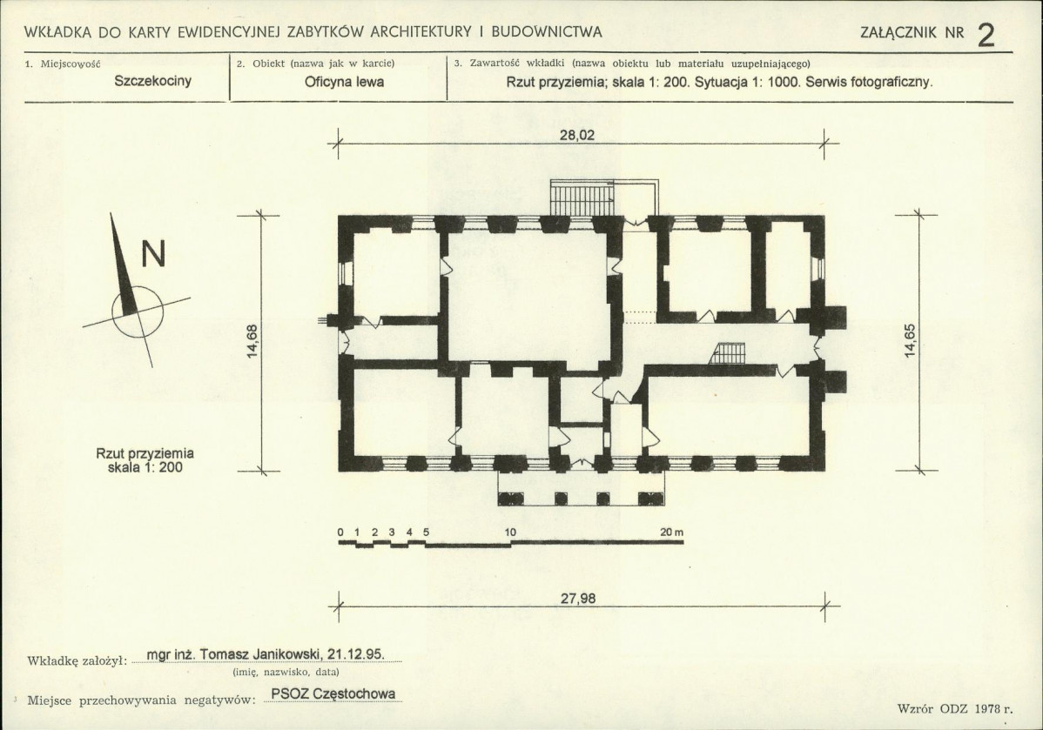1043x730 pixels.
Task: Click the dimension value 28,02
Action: [x=576, y=135]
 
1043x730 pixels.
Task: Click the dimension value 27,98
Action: [x=578, y=599]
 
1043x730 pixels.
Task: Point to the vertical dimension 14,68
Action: [x=252, y=341]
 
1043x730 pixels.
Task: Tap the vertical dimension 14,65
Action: [x=910, y=340]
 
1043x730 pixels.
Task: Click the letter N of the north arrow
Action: [x=153, y=253]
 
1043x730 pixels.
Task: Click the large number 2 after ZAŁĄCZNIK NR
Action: [x=986, y=35]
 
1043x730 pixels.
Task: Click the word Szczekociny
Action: [x=153, y=81]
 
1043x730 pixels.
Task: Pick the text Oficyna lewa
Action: [x=344, y=83]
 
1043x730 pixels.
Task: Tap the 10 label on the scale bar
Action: [x=510, y=532]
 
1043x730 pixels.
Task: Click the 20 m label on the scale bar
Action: [x=672, y=532]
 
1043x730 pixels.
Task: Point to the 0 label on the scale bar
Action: [x=340, y=532]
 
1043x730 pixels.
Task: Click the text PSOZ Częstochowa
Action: [x=333, y=694]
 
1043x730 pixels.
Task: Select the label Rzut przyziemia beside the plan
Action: [x=145, y=453]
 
